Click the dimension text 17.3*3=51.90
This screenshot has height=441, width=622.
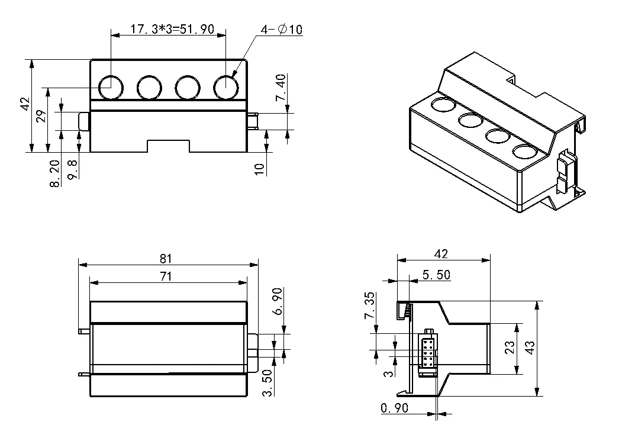[172, 30]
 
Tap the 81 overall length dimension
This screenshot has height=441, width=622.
[166, 258]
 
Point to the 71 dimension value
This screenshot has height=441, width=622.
[166, 276]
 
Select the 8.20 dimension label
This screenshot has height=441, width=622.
[55, 173]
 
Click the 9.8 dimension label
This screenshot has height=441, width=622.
[72, 170]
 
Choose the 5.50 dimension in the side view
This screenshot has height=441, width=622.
[436, 275]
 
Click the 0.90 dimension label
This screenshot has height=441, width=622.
[395, 408]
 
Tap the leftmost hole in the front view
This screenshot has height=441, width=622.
[111, 87]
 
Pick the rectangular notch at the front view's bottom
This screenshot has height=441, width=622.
[168, 146]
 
